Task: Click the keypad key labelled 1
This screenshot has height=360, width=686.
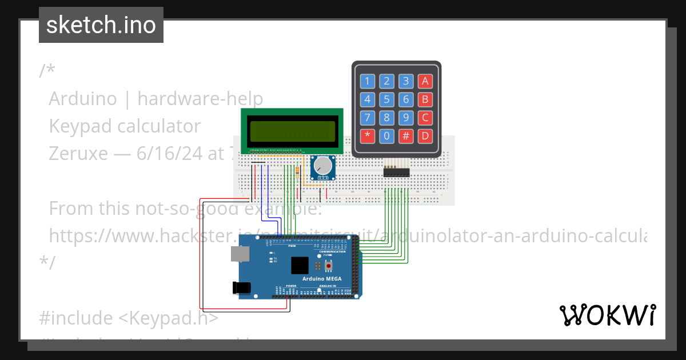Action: click(367, 81)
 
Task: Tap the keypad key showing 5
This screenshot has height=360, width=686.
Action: click(386, 100)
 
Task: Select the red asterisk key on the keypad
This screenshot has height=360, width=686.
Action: click(367, 136)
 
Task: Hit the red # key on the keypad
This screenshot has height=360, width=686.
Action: click(406, 136)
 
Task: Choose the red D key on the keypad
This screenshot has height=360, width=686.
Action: click(425, 136)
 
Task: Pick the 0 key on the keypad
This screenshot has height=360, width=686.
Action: click(386, 136)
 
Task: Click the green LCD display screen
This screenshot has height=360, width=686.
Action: click(292, 131)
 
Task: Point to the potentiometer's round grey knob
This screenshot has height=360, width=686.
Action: click(324, 166)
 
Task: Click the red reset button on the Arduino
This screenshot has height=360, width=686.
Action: click(329, 266)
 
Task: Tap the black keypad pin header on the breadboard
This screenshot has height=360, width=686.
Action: click(396, 171)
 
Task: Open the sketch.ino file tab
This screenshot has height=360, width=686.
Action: click(101, 25)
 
